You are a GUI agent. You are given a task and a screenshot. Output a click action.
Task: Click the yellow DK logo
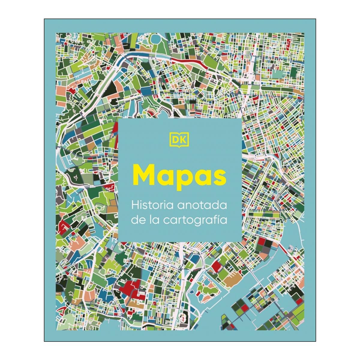180,140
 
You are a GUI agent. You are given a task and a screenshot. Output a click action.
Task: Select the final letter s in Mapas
219,177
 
